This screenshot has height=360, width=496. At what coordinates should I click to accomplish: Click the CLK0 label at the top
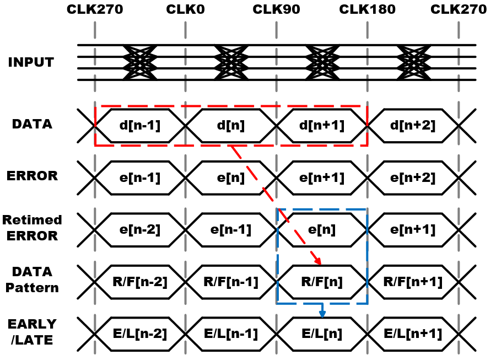(185, 9)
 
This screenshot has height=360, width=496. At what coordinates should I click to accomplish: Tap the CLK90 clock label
(276, 9)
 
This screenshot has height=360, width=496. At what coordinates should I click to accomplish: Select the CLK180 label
(367, 9)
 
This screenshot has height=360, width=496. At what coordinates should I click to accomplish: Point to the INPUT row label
(31, 62)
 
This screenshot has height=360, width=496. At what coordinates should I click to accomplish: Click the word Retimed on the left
(32, 220)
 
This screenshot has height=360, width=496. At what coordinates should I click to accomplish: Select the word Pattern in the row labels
(32, 288)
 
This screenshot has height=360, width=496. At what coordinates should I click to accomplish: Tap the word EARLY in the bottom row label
(32, 324)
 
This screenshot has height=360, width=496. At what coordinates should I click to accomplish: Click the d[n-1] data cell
(140, 126)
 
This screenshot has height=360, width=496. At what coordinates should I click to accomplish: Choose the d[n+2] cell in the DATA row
(413, 126)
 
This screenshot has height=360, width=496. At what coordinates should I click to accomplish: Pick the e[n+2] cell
(413, 178)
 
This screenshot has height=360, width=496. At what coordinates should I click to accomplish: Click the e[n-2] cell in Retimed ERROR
(140, 230)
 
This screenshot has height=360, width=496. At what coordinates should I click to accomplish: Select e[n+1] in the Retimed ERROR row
(413, 230)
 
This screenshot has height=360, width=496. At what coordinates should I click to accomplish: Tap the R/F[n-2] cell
(140, 282)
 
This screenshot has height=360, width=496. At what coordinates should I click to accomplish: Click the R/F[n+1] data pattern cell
(413, 282)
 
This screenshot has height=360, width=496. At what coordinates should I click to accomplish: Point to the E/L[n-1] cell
(230, 334)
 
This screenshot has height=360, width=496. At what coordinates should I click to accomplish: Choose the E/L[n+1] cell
(413, 334)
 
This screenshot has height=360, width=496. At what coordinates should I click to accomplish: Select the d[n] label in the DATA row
(230, 126)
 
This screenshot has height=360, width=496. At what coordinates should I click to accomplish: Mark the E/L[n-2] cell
(140, 334)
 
